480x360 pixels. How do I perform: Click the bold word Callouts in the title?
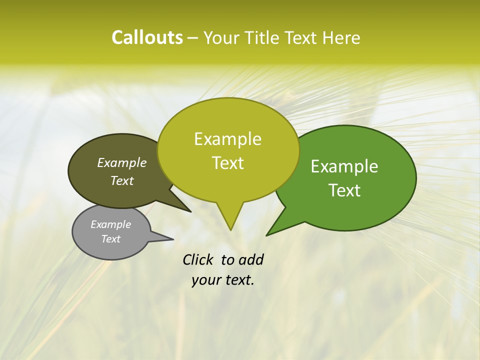tap(147, 37)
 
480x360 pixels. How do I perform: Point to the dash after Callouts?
tap(193, 38)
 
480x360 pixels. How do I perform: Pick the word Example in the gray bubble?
tap(111, 224)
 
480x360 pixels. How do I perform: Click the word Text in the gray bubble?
tap(111, 239)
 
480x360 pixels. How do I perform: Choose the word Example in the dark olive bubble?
tap(122, 162)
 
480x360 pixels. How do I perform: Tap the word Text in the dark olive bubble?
tap(122, 180)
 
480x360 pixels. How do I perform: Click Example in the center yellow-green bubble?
tap(228, 139)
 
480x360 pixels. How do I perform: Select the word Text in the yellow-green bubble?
tap(228, 163)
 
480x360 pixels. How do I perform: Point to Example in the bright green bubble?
tap(344, 166)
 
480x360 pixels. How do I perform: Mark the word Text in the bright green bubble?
tap(344, 190)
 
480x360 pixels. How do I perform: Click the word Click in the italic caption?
tap(198, 259)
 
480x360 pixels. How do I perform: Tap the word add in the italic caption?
tap(250, 259)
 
